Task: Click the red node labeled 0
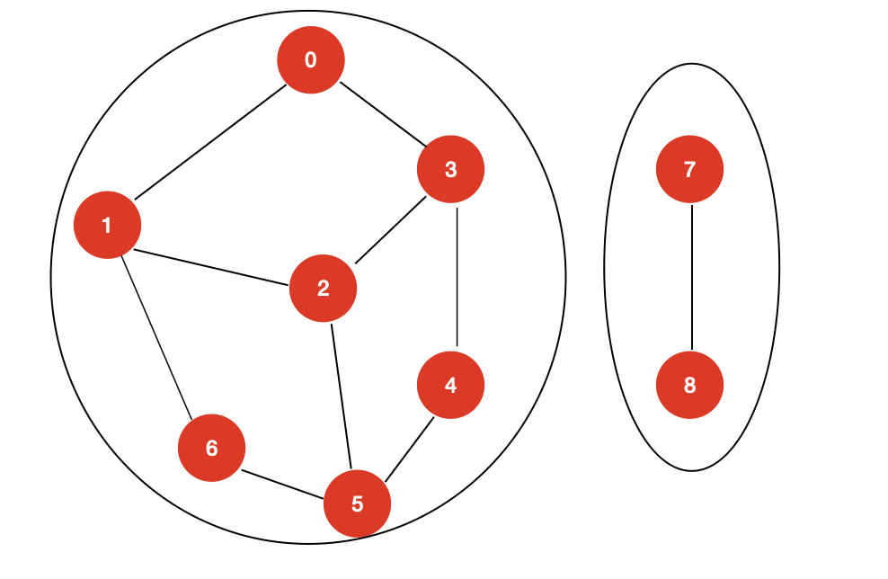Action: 310,59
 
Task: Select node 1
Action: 107,225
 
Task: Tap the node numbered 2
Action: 323,289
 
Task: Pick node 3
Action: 450,169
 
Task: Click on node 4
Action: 450,386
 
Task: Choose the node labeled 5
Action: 357,503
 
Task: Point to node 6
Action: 211,448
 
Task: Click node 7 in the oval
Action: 689,169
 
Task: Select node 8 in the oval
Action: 689,386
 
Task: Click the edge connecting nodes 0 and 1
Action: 210,141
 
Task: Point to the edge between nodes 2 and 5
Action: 341,396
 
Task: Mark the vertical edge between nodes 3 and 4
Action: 457,277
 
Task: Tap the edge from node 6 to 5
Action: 283,486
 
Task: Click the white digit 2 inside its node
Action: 323,289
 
